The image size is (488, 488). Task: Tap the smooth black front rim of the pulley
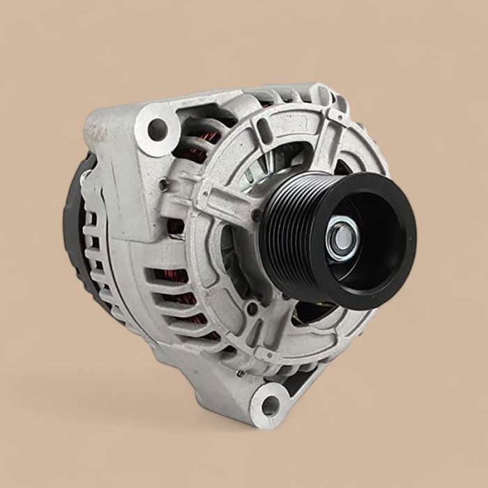390,265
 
